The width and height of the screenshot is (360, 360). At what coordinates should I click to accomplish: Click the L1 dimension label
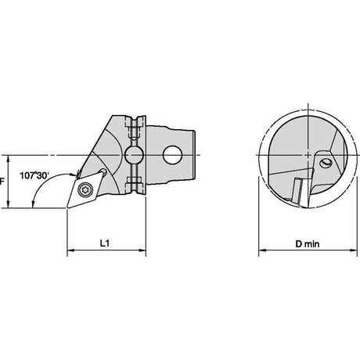[104, 243]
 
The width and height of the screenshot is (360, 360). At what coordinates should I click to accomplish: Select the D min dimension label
[307, 244]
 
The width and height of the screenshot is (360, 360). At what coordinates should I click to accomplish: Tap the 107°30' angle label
[34, 175]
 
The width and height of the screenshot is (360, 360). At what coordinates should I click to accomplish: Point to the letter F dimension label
[2, 181]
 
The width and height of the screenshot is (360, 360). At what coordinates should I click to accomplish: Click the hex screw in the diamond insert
[84, 190]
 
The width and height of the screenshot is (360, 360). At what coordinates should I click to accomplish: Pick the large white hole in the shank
[172, 155]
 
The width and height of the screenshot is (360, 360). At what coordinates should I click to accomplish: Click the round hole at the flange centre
[134, 155]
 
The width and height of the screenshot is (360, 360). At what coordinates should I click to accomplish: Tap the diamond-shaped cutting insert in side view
[85, 190]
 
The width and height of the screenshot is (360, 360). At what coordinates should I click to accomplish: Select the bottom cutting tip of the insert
[67, 207]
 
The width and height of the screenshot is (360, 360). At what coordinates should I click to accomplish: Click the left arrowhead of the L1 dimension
[70, 250]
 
